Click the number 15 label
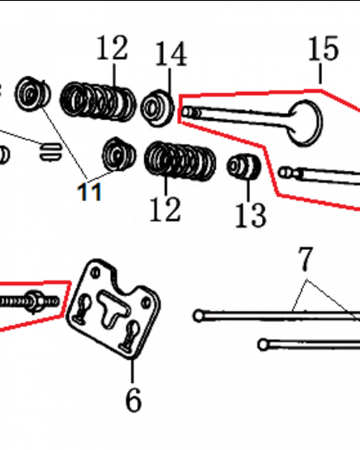324,49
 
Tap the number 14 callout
171,54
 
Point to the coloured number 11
90,191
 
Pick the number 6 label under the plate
134,400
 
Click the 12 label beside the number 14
112,48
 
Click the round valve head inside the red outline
305,123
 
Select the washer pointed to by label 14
157,108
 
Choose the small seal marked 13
244,166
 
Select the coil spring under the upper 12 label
98,101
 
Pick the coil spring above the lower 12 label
180,161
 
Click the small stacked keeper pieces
50,151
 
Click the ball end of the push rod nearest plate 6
198,316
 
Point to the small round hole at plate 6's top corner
95,272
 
